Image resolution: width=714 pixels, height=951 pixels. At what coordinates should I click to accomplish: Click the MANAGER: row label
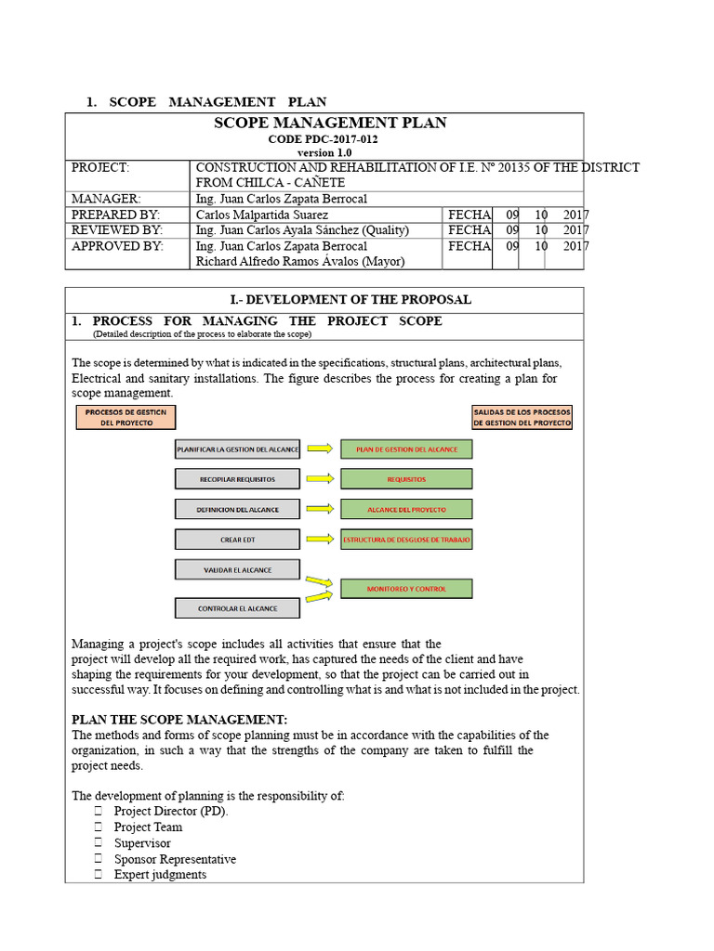pos(106,199)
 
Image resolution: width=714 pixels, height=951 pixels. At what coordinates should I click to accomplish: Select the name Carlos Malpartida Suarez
pos(262,215)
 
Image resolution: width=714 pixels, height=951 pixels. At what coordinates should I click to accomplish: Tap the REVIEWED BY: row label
pos(117,229)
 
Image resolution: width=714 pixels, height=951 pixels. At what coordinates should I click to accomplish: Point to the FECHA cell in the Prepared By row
pos(469,215)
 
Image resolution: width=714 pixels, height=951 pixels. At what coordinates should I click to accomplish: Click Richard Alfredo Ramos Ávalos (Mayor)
pos(299,261)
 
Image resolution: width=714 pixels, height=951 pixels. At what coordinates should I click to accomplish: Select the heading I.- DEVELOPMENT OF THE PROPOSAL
pos(324,300)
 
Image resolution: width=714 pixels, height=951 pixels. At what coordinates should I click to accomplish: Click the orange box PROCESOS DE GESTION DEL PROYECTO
pos(126,417)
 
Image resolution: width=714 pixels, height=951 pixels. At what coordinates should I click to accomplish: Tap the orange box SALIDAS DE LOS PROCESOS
pos(522,417)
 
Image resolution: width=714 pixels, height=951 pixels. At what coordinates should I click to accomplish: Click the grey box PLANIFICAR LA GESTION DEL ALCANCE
pos(237,449)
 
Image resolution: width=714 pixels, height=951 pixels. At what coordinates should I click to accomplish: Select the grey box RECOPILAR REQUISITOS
pos(237,479)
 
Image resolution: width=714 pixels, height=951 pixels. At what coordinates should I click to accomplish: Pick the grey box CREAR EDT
pos(237,539)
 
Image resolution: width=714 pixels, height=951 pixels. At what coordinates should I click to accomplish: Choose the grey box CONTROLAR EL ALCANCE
pos(237,609)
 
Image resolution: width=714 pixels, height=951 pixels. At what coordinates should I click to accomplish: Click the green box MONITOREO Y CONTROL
pos(406,589)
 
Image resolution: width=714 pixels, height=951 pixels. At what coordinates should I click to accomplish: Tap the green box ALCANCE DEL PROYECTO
pos(406,509)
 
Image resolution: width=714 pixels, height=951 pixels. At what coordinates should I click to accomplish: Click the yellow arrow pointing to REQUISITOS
pos(320,479)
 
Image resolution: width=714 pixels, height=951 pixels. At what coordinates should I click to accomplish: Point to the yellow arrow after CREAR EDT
pos(320,539)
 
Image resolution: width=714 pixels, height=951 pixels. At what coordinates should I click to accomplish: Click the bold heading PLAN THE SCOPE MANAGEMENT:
pos(179,720)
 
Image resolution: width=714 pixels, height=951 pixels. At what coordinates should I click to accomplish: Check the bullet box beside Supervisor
pos(98,843)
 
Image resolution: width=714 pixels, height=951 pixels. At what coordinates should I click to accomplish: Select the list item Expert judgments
pos(160,875)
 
